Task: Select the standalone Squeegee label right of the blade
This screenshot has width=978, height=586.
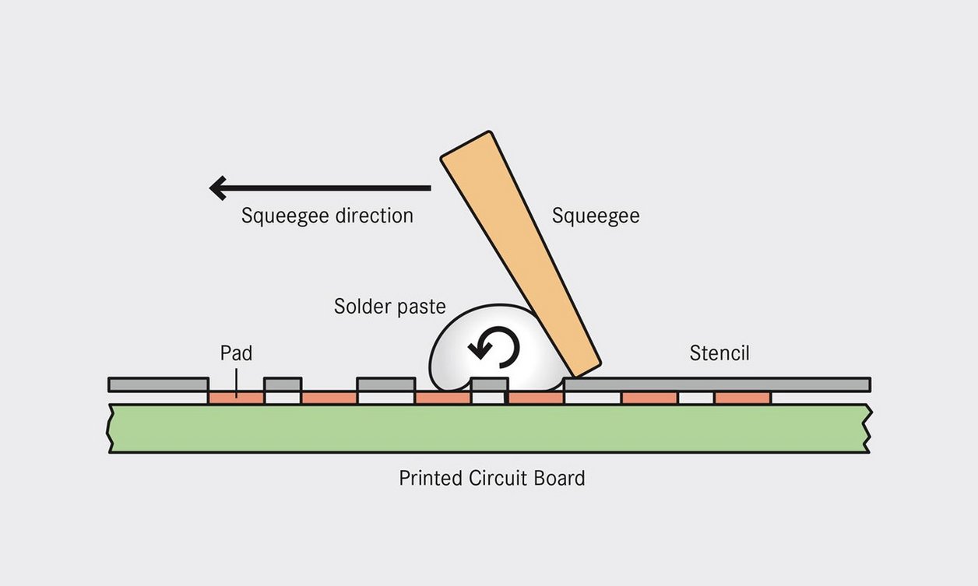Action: (596, 216)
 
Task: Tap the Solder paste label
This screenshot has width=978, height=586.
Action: (389, 307)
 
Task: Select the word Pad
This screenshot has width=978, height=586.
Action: (236, 353)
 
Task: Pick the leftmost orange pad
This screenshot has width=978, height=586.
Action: (237, 398)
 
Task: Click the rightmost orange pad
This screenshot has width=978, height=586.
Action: (742, 398)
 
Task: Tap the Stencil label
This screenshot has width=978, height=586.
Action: (719, 353)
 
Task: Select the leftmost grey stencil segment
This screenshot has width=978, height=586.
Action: (158, 384)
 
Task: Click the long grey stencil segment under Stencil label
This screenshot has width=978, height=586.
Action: (716, 384)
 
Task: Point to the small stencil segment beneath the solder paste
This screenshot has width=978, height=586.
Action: (490, 384)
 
